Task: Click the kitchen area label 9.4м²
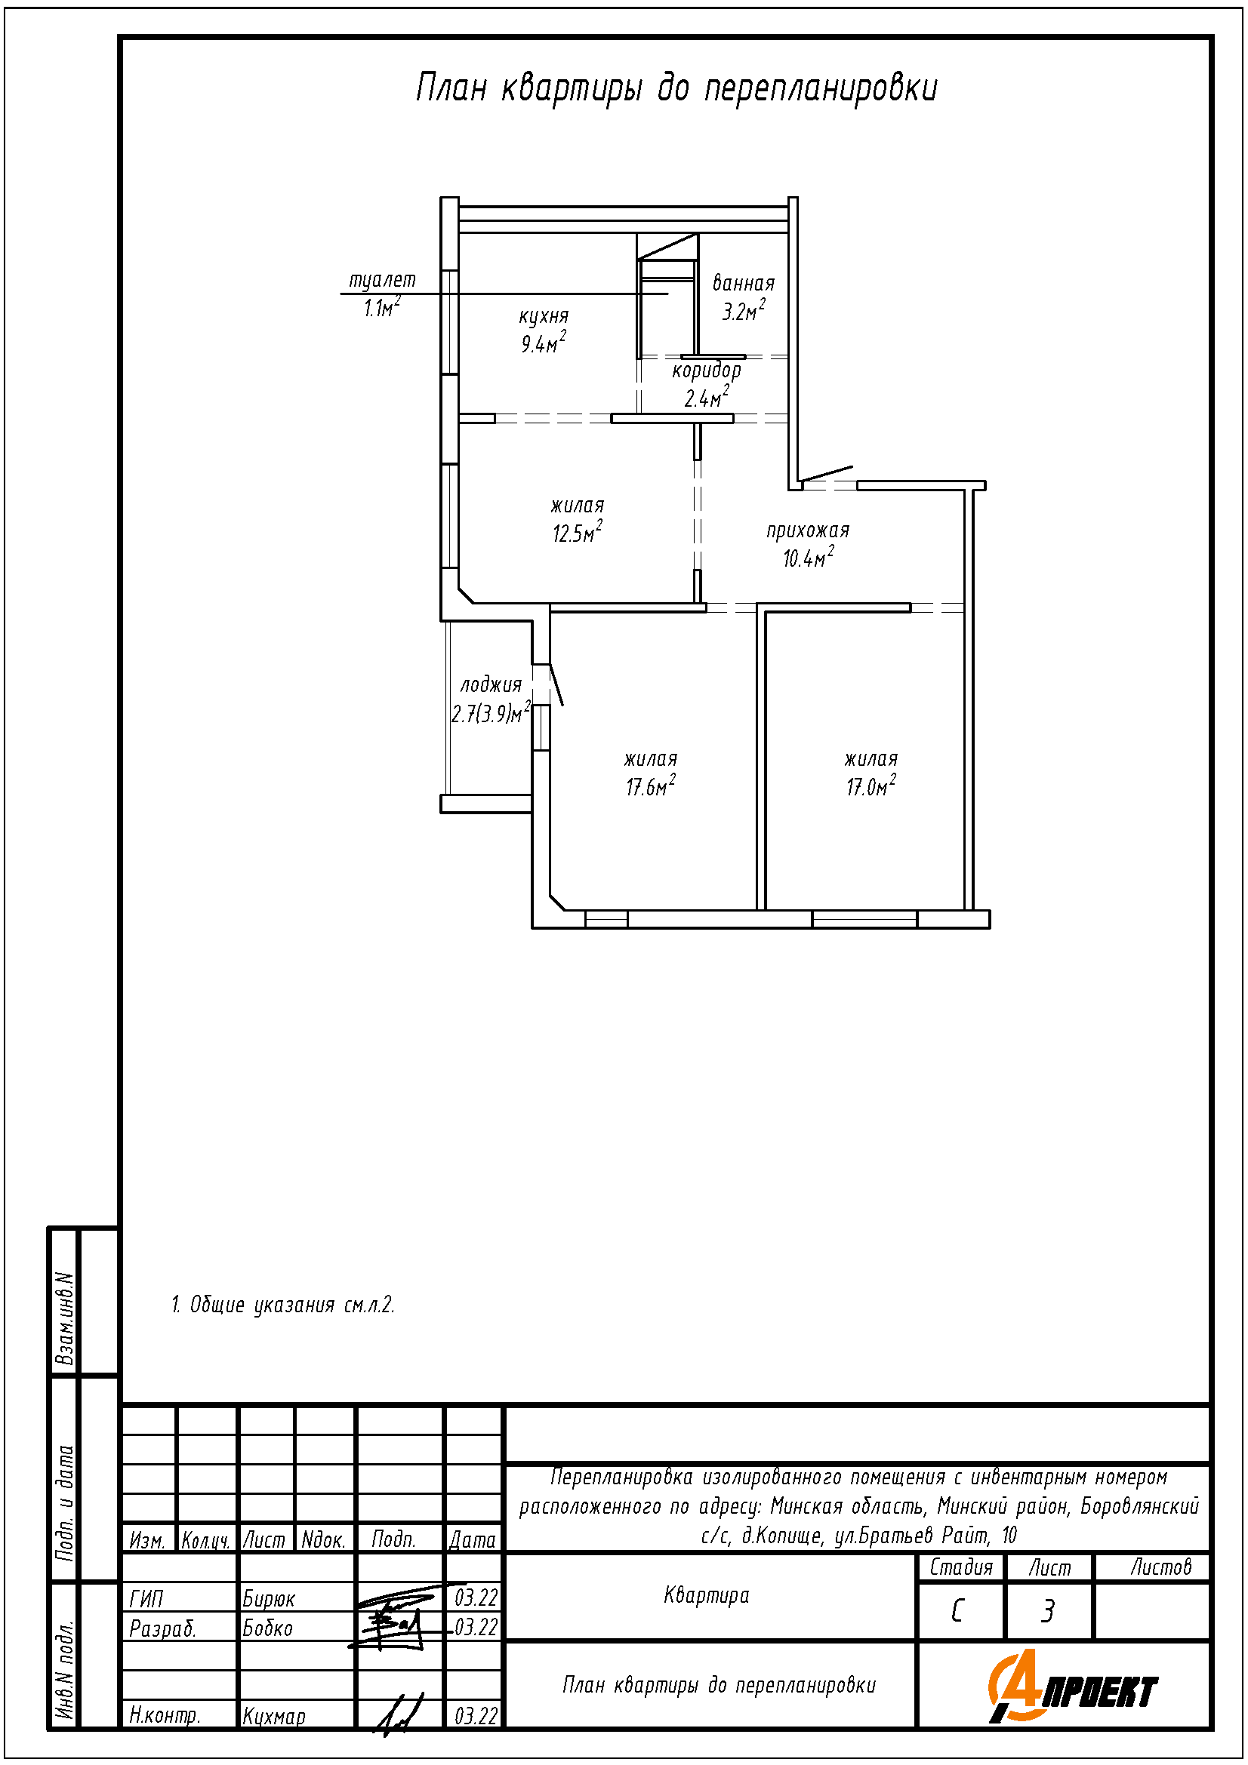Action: pyautogui.click(x=544, y=342)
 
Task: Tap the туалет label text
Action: pyautogui.click(x=382, y=281)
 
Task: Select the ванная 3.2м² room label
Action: pyautogui.click(x=743, y=297)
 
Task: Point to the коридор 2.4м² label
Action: pyautogui.click(x=707, y=384)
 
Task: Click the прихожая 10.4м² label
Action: pyautogui.click(x=807, y=544)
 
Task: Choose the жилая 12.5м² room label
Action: pyautogui.click(x=578, y=520)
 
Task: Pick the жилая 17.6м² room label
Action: pyautogui.click(x=651, y=773)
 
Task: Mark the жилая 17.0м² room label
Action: pyautogui.click(x=871, y=773)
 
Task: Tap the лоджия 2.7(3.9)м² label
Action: pyautogui.click(x=491, y=700)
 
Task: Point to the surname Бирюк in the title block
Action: pyautogui.click(x=268, y=1599)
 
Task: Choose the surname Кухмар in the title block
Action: pyautogui.click(x=274, y=1717)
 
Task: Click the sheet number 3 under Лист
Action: pyautogui.click(x=1047, y=1612)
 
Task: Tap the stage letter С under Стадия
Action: pyautogui.click(x=957, y=1612)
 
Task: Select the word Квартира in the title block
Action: pyautogui.click(x=706, y=1596)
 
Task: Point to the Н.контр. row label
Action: pyautogui.click(x=165, y=1717)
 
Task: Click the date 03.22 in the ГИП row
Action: pyautogui.click(x=476, y=1598)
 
